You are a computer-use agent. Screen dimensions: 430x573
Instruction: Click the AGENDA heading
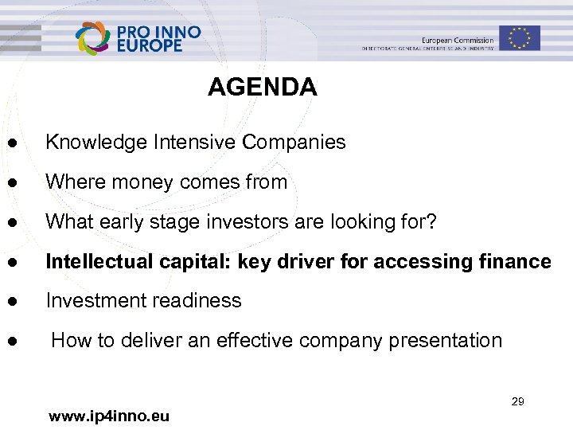pos(262,87)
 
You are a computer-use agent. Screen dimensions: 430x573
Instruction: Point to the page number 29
pos(517,401)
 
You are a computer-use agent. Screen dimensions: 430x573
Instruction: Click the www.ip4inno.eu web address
pos(108,416)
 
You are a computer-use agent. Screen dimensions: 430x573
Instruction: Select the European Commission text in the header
pos(458,40)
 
